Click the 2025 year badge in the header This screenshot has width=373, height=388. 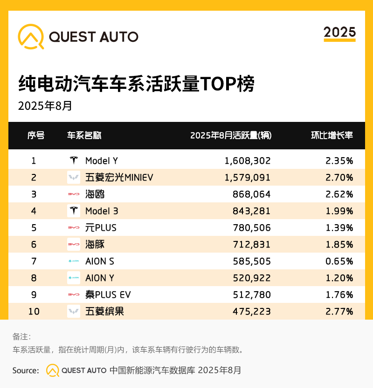pos(339,32)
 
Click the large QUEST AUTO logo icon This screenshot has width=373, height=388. pos(31,36)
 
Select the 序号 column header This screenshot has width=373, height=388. pos(36,135)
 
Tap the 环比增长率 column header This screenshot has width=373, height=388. pos(332,135)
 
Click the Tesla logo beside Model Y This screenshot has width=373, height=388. pos(74,161)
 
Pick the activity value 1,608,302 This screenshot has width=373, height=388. pos(247,161)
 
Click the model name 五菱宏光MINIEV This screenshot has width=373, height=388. pos(119,177)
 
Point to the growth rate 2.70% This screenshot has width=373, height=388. pos(339,177)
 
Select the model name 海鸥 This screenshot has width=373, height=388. pos(95,194)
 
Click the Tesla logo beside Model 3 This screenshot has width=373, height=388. pos(74,211)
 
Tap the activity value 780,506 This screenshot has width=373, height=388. pos(252,227)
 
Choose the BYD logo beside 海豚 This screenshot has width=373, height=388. pos(74,244)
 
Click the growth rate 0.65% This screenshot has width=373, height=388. pos(339,261)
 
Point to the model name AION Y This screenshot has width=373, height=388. pos(100,278)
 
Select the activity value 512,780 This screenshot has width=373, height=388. pos(252,294)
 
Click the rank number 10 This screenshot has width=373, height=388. pos(34,311)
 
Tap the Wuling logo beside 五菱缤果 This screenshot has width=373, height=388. pos(74,311)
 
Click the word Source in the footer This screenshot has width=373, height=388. pos(26,370)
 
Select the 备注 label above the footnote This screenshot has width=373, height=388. pos(21,337)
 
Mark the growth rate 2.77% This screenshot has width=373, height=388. pos(339,311)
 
